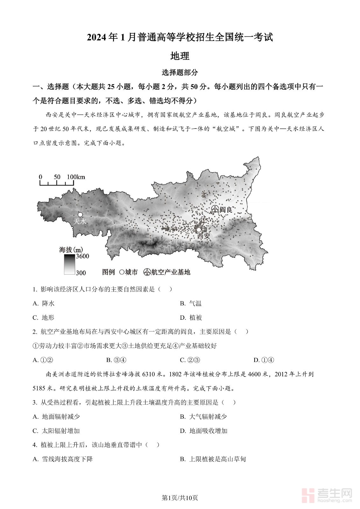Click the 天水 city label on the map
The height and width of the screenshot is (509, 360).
coord(80,221)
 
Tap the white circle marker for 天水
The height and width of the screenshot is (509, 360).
coord(80,215)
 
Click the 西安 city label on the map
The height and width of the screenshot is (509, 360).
coord(204,236)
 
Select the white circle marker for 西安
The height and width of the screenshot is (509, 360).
coord(199,230)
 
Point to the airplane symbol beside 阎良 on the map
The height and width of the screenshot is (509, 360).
coord(215,209)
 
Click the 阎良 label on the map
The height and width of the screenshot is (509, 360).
coord(226,209)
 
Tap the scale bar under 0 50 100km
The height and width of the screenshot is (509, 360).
coord(57,183)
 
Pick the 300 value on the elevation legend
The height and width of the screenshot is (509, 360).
coord(81,273)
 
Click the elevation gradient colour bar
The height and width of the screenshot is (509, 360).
coord(69,264)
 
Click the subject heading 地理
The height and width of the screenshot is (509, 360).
coord(180,56)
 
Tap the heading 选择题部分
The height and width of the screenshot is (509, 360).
coord(180,73)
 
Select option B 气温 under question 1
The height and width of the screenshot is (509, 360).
coord(191,303)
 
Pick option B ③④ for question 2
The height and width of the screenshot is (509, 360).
coord(116,360)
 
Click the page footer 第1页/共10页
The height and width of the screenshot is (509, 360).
coord(180,498)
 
